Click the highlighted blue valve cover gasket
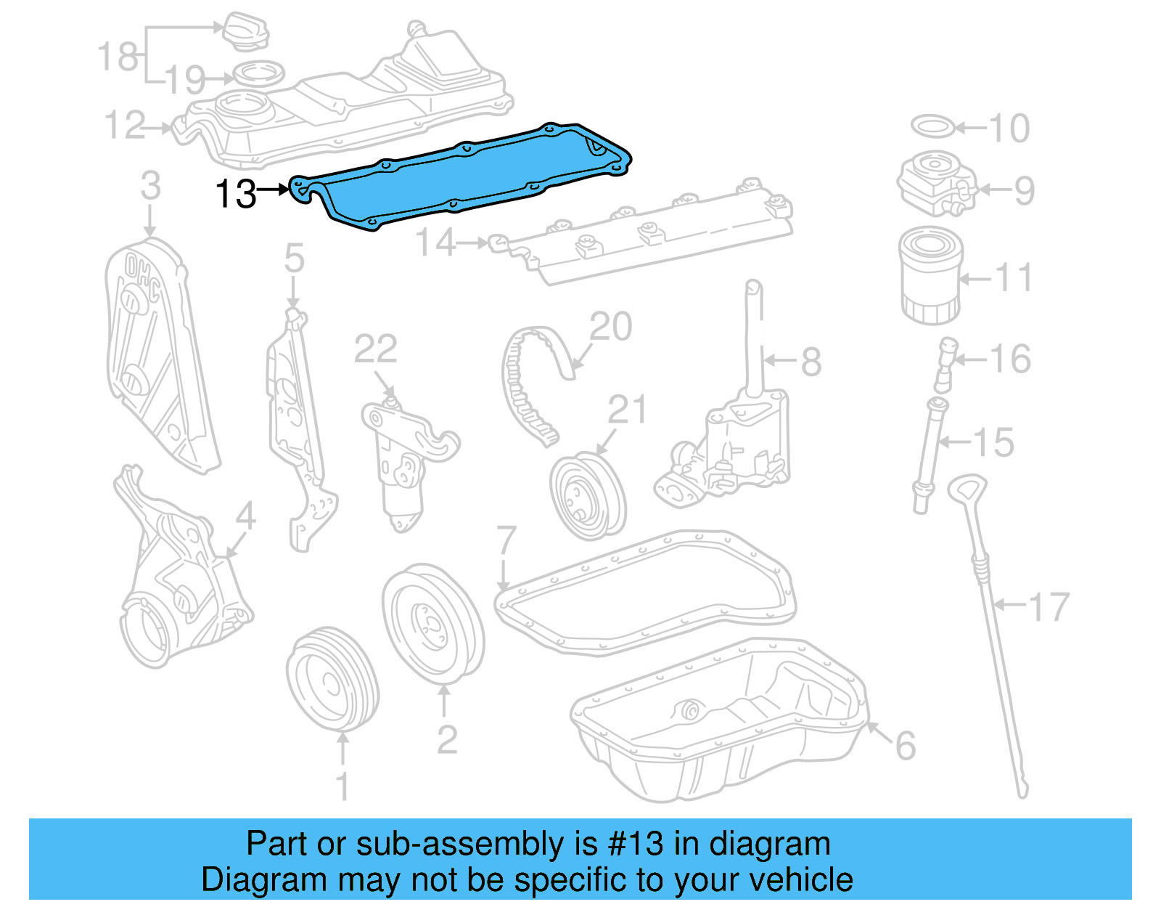coord(464,178)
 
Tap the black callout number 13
coord(237,194)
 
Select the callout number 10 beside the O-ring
coord(1009,129)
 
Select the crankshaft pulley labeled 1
coord(332,679)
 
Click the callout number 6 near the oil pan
coord(906,746)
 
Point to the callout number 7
coord(506,541)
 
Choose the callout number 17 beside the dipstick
coord(1049,607)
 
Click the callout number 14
coord(435,243)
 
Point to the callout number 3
coord(150,186)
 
